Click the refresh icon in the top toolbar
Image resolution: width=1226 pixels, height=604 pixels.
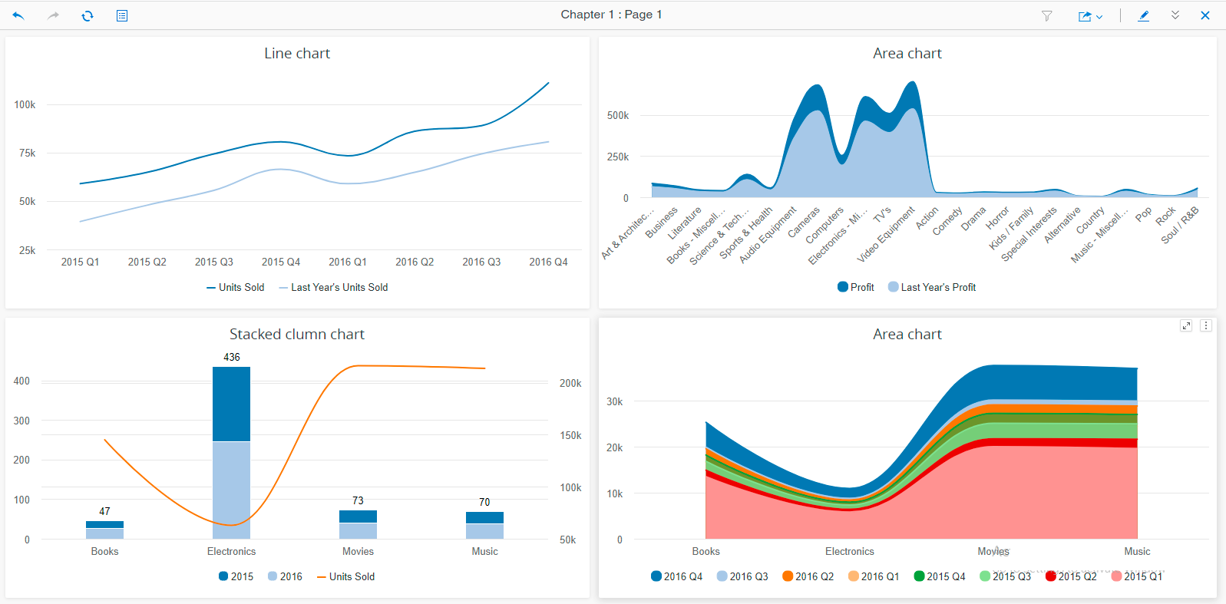88,15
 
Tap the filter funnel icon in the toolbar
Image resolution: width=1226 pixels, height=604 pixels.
1046,15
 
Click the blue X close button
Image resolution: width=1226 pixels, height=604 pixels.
1205,15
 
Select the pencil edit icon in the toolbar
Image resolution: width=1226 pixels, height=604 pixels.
1143,15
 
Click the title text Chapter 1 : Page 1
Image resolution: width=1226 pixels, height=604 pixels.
611,15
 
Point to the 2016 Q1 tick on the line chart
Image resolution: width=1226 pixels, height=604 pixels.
348,262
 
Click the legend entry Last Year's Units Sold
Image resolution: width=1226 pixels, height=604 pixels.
339,287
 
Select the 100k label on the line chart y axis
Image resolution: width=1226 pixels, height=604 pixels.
25,104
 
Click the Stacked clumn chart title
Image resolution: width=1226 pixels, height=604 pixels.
297,334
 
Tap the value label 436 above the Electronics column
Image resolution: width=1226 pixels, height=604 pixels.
232,357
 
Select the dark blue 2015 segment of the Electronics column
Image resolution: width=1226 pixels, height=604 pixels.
232,404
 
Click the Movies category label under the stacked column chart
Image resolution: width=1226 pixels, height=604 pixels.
358,551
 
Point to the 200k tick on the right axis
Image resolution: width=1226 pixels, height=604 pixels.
570,383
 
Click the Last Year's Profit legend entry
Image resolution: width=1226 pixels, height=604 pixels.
937,287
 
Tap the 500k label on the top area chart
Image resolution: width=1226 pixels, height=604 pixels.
617,115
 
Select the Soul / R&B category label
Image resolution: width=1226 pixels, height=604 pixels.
1180,226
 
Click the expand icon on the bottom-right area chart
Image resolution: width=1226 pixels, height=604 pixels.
1186,325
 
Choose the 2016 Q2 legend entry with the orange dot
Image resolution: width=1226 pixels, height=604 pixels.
814,576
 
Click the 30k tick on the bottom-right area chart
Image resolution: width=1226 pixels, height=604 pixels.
614,401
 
